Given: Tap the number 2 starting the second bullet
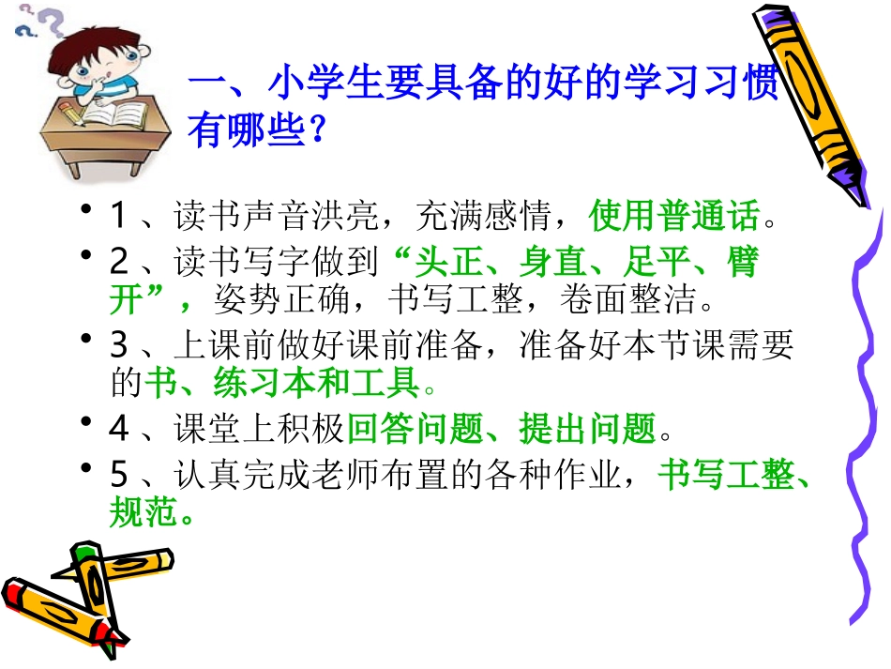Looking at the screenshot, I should [118, 263].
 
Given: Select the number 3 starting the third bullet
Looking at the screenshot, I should [118, 346].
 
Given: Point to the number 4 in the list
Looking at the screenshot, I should [118, 429].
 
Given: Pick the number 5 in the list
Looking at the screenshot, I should [118, 476].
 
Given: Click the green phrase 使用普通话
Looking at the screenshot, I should [674, 218].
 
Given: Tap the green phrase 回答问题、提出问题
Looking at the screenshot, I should [501, 429].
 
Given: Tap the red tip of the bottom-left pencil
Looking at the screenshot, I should [17, 594].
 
